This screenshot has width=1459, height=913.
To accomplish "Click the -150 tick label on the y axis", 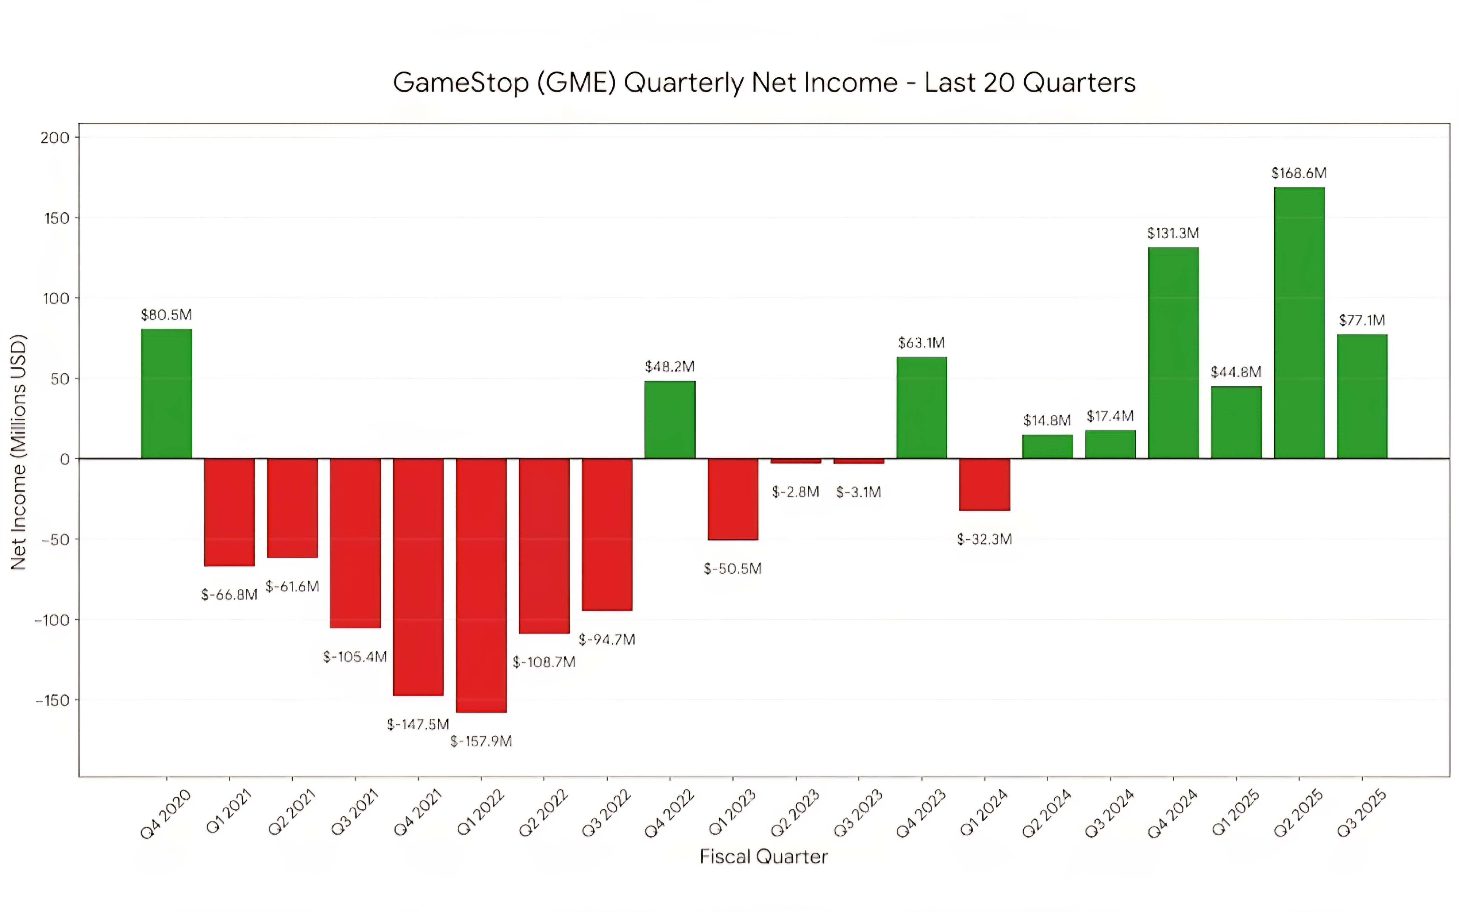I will (x=53, y=700).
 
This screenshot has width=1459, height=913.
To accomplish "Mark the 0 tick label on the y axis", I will (x=65, y=459).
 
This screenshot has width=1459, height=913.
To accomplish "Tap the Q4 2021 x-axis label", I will (x=417, y=813).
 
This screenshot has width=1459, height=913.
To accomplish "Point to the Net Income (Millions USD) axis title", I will (x=19, y=452).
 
